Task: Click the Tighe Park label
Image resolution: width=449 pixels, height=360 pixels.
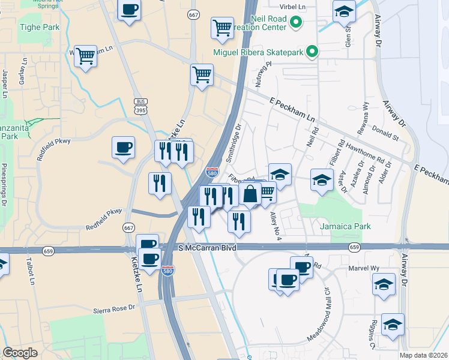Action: [39, 27]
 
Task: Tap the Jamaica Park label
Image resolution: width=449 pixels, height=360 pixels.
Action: [345, 226]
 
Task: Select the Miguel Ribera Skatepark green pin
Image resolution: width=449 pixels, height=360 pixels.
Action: [312, 53]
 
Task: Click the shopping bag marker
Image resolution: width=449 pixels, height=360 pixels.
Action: [250, 194]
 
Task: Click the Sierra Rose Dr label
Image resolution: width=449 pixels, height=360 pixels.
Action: [115, 310]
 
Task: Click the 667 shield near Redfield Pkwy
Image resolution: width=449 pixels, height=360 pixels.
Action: [128, 227]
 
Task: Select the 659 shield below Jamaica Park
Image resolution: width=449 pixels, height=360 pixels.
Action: [354, 247]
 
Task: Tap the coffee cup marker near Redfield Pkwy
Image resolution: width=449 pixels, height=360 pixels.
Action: [123, 148]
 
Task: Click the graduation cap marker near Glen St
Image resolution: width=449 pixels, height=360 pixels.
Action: [344, 11]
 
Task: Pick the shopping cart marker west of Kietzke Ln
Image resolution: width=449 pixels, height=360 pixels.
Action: [86, 56]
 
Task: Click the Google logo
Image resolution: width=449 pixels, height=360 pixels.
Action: [20, 353]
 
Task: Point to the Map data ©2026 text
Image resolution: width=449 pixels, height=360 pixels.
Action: [423, 355]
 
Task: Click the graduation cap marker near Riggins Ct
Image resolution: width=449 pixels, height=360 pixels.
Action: [393, 325]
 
